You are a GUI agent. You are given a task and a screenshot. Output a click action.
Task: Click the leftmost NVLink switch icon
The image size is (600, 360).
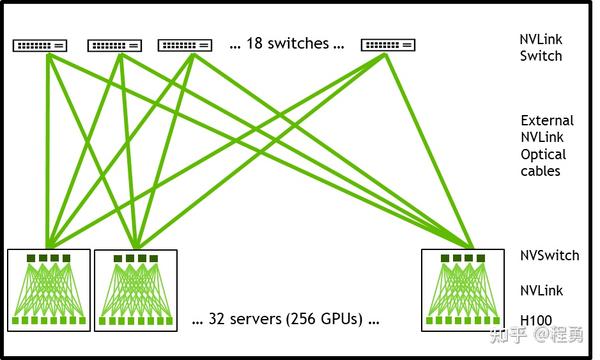[x=40, y=45]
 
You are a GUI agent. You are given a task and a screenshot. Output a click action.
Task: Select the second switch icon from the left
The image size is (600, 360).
[x=114, y=45]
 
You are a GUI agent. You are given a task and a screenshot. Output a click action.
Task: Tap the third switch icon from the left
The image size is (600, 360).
[x=185, y=45]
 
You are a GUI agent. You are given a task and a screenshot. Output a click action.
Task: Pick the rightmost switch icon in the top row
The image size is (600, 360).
[x=387, y=45]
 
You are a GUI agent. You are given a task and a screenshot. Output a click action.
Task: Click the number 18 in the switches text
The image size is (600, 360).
[x=254, y=44]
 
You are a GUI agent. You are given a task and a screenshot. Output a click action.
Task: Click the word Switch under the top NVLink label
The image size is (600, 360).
[x=541, y=56]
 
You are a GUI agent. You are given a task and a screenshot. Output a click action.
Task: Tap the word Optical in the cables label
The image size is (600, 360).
[x=543, y=154]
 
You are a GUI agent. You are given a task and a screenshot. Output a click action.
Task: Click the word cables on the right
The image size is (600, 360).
[x=540, y=171]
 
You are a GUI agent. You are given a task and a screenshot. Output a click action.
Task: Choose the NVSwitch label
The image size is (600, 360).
[x=549, y=256]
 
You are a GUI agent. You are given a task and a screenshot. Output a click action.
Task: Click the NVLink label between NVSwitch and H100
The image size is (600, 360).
[x=541, y=290]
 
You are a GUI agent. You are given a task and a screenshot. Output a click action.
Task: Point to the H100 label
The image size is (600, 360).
[x=536, y=320]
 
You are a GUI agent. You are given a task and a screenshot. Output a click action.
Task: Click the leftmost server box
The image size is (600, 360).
[x=48, y=290]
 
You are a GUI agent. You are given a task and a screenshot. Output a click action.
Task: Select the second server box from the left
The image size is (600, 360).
[x=134, y=290]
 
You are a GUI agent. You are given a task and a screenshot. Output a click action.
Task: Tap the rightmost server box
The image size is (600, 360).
[x=461, y=290]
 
